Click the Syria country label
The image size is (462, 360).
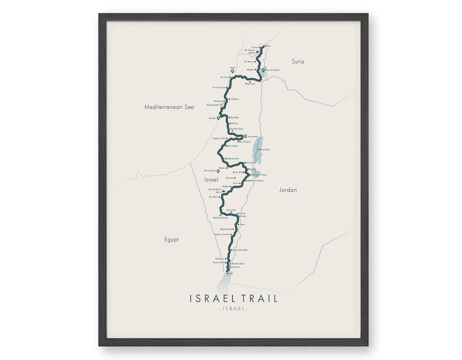(x=298, y=62)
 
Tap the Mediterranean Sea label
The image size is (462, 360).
(x=169, y=107)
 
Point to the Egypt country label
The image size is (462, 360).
(x=171, y=239)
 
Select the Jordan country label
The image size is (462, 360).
(x=288, y=190)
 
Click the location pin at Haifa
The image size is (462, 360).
(x=233, y=71)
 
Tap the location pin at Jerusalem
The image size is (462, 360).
(x=245, y=136)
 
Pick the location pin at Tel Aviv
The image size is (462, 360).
(x=218, y=118)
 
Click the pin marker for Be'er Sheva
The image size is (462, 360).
(x=218, y=171)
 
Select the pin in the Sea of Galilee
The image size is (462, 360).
(x=263, y=70)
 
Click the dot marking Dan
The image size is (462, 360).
(x=265, y=46)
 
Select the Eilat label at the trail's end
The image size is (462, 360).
(x=231, y=273)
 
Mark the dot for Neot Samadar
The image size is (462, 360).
(x=231, y=250)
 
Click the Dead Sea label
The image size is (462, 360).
(x=265, y=149)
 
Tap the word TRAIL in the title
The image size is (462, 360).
(x=258, y=298)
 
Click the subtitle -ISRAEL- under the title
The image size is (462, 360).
(x=233, y=309)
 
